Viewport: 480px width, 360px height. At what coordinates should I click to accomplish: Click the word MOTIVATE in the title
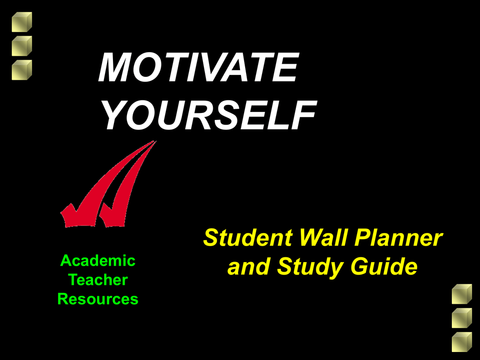pos(198,67)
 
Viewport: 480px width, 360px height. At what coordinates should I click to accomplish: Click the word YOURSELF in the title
pos(209,115)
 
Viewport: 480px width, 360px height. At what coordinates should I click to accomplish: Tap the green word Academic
pos(98,261)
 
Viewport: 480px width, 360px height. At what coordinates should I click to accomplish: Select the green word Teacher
pos(98,280)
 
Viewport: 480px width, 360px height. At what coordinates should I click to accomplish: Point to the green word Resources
pos(98,299)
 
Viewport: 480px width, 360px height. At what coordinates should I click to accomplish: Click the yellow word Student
pos(248,238)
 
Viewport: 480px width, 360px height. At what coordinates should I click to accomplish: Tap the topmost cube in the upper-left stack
pos(22,22)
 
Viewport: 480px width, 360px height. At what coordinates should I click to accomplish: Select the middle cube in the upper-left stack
pos(22,46)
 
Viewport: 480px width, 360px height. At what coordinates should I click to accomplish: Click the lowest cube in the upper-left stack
pos(22,70)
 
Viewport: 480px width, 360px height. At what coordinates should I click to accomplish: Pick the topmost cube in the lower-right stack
pos(462,294)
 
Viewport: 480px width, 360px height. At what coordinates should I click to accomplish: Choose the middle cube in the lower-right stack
pos(462,318)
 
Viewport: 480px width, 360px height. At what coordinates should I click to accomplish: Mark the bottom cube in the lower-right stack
pos(462,342)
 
